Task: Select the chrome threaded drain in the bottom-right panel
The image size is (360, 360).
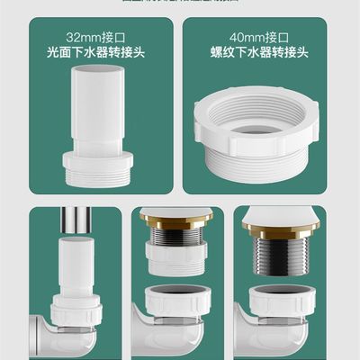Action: coord(285,265)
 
